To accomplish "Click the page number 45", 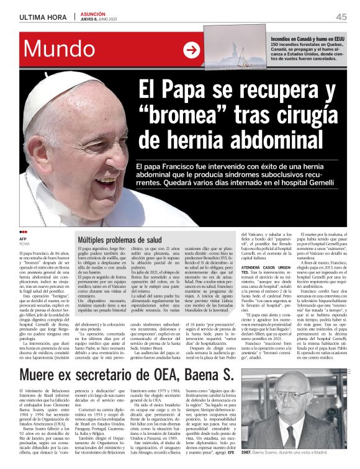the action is tap(341, 17).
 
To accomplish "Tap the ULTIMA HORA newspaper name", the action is tap(43, 17).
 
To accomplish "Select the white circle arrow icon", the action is tap(192, 50).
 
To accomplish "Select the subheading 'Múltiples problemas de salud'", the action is tap(120, 239).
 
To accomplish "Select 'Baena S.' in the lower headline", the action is tap(209, 375).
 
